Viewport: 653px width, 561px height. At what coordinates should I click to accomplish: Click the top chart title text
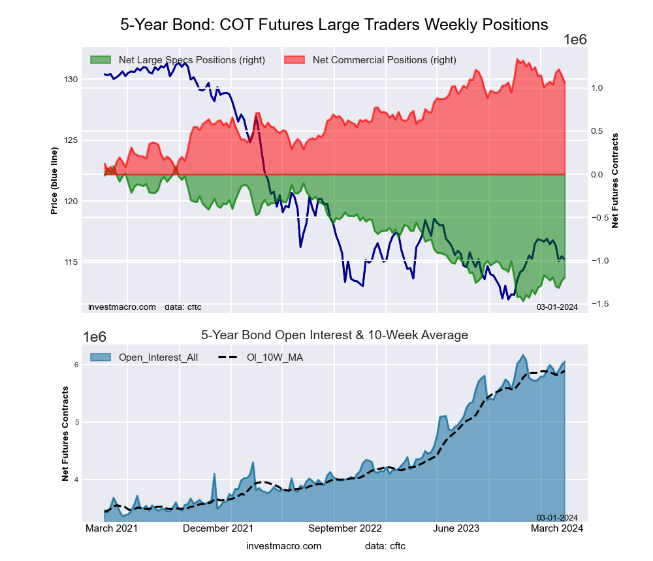coord(334,25)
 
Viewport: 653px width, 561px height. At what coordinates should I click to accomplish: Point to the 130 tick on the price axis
coord(71,80)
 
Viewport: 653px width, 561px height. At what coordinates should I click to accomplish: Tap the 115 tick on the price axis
coord(71,262)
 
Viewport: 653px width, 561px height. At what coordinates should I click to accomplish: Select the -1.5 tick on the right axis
coord(600,304)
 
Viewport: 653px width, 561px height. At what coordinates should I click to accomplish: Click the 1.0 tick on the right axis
coord(598,88)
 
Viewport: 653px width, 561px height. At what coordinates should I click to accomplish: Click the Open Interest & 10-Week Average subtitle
coord(334,335)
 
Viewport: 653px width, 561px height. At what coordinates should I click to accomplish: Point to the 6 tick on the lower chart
coord(76,365)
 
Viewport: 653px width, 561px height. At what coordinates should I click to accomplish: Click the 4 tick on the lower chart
coord(76,480)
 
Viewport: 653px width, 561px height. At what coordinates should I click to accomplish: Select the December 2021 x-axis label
coord(218,528)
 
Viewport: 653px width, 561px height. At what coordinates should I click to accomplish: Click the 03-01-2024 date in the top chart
coord(557,307)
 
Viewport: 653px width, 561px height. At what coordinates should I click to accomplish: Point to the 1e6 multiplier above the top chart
coord(575,40)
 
